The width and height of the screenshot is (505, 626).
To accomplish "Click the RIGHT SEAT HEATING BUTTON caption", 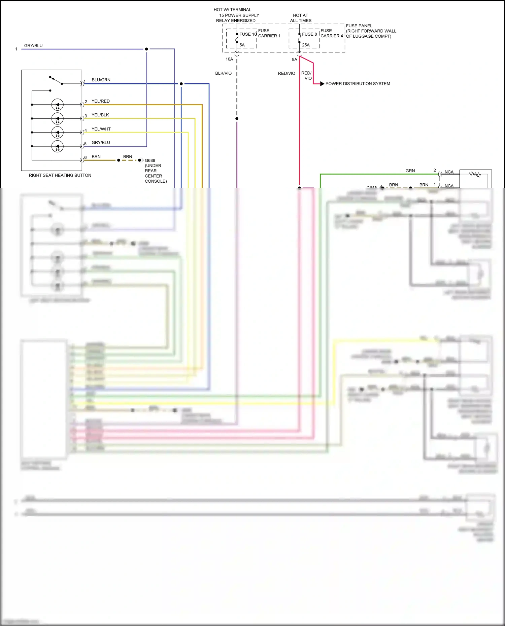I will (60, 175).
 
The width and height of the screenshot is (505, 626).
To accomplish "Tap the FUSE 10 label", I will (248, 34).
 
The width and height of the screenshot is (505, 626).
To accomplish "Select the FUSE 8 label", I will (309, 34).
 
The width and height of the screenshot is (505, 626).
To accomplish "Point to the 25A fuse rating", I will (306, 45).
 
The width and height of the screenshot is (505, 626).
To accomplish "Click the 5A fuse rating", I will (242, 45).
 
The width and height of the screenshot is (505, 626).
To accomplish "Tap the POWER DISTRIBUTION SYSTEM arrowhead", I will (322, 84).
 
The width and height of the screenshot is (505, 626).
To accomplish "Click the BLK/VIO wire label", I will (223, 73).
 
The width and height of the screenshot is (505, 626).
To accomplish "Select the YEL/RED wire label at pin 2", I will (101, 101).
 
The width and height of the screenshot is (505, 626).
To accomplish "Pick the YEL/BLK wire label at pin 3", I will (100, 115).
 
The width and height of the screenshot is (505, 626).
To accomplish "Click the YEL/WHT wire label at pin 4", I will (101, 129).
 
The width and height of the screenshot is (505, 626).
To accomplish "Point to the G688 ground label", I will (150, 161).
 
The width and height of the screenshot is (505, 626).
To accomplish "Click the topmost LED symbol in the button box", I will (57, 105).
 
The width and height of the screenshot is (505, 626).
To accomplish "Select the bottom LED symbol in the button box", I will (57, 146).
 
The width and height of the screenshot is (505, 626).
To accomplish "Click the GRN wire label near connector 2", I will (410, 171).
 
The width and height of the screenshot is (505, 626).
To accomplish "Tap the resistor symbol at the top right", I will (475, 174).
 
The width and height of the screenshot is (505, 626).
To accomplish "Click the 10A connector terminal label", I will (229, 59).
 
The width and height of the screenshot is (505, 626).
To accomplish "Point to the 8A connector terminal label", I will (295, 60).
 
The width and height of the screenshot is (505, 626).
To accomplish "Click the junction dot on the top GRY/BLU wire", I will (146, 49).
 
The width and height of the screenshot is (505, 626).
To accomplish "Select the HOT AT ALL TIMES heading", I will (301, 18).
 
